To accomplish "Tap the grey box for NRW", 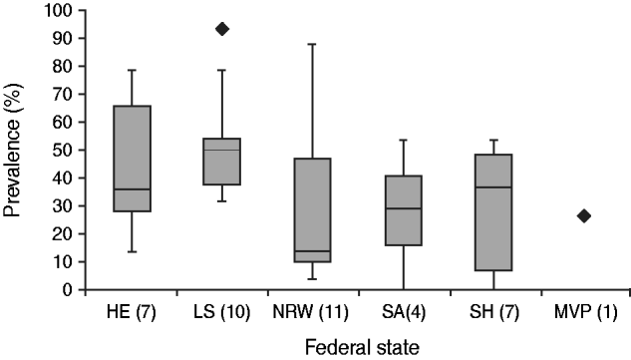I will [312, 209].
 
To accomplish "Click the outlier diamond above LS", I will [221, 29].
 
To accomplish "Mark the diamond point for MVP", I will [584, 215].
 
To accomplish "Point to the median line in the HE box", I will [132, 189].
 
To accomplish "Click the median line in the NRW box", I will [312, 251].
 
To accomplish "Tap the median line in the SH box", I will [493, 187].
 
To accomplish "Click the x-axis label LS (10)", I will [221, 307].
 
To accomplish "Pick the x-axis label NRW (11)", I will [312, 307].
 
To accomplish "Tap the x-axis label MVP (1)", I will [584, 307].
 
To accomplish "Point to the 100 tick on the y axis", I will [60, 10].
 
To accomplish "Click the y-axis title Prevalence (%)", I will [17, 150].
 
